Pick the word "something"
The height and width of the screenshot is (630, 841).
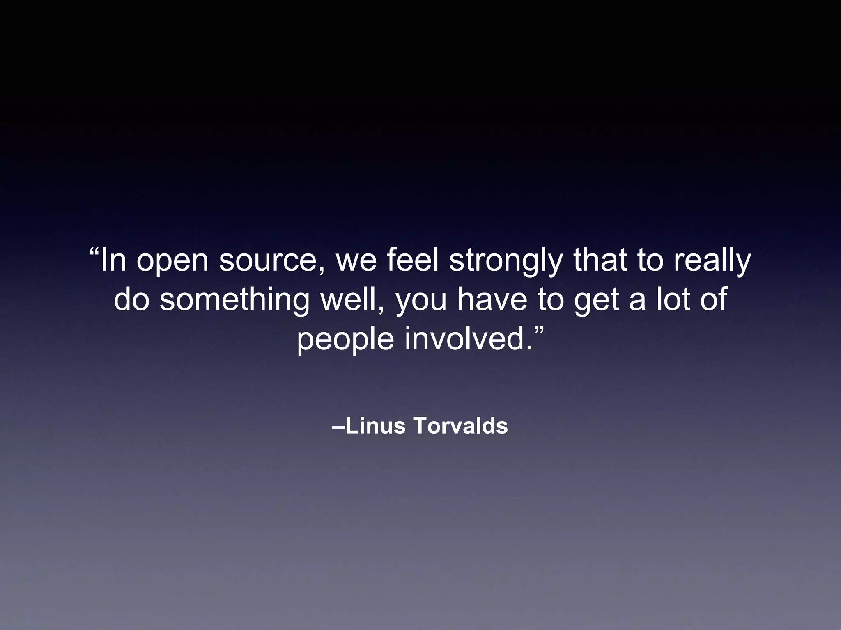point(234,300)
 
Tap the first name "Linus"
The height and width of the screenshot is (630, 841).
point(370,426)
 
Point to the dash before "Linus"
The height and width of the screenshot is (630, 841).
point(338,427)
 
